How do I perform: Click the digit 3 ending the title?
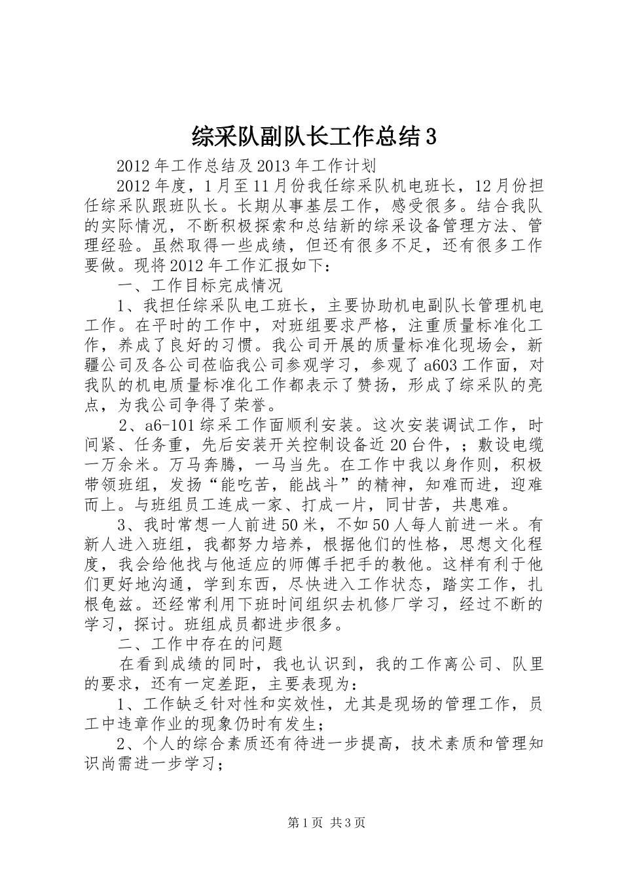coord(431,137)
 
